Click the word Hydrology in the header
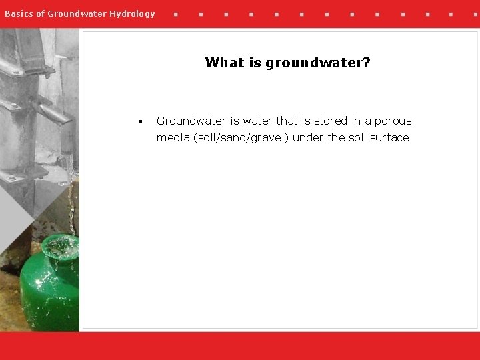[x=131, y=13]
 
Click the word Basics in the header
[x=18, y=13]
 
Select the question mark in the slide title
[x=367, y=63]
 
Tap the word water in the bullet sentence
[x=257, y=121]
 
